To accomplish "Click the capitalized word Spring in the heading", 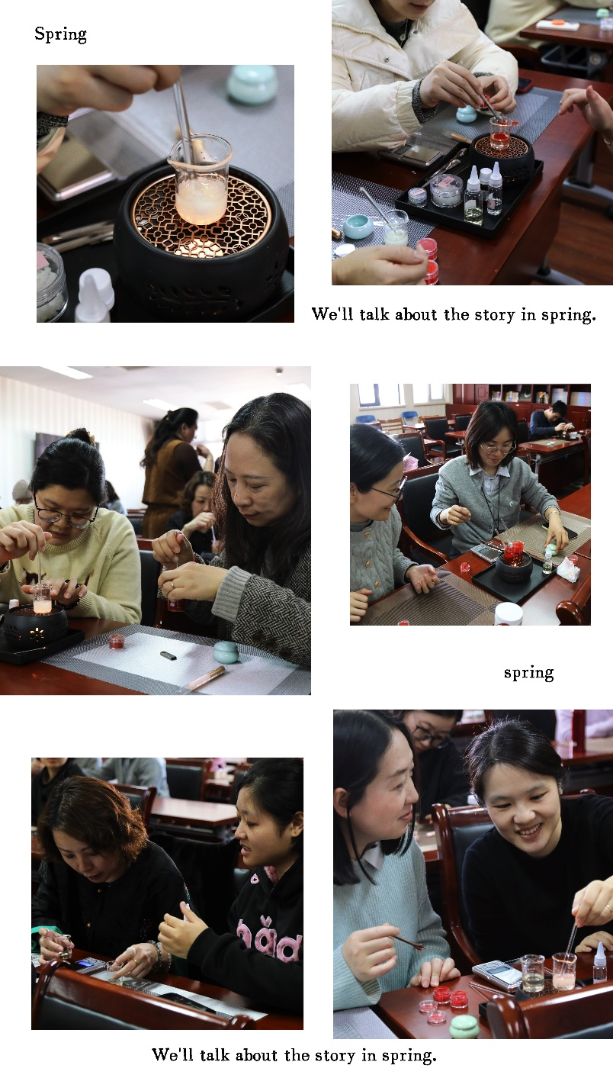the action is (x=61, y=34).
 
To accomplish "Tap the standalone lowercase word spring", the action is (x=529, y=673).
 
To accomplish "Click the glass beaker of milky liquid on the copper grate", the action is (x=200, y=179).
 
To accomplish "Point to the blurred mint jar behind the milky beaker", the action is (x=252, y=83).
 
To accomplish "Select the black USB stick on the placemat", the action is (x=168, y=655).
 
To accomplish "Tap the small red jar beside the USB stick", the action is (x=117, y=642).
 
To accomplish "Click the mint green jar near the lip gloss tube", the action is (x=226, y=652).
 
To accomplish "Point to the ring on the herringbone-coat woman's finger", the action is (x=172, y=584).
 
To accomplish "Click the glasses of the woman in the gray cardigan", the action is (x=496, y=447).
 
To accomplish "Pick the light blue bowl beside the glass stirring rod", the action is (x=358, y=227).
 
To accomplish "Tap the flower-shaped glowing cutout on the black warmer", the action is (x=36, y=632).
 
